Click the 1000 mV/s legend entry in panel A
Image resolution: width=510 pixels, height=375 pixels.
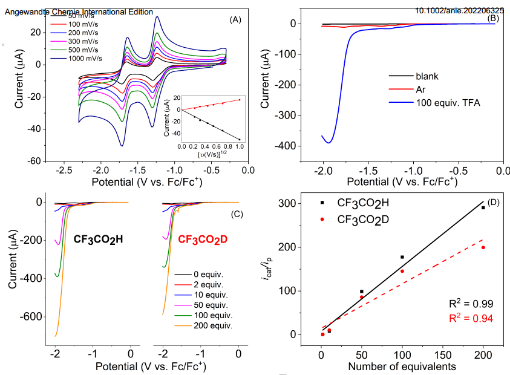tap(84, 59)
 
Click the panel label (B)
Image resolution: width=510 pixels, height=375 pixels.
tap(492, 18)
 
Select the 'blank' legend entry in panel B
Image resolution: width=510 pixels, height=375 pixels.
tap(427, 76)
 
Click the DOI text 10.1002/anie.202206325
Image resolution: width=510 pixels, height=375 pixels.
tap(460, 10)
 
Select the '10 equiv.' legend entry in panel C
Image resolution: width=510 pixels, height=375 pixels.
tap(211, 295)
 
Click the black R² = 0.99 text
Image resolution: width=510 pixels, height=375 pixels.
tap(467, 304)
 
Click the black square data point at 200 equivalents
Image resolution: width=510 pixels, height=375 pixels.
tap(483, 207)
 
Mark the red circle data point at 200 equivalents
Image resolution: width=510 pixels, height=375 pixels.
tap(483, 247)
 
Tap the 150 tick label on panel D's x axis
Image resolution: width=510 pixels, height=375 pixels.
tap(442, 353)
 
